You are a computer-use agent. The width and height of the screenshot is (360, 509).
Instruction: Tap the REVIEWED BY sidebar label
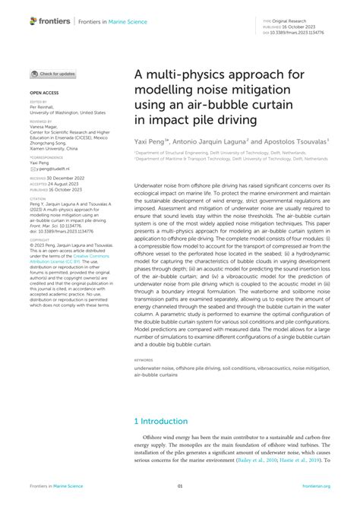tap(41, 120)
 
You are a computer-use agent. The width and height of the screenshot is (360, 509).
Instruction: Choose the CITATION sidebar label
tap(37, 198)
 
